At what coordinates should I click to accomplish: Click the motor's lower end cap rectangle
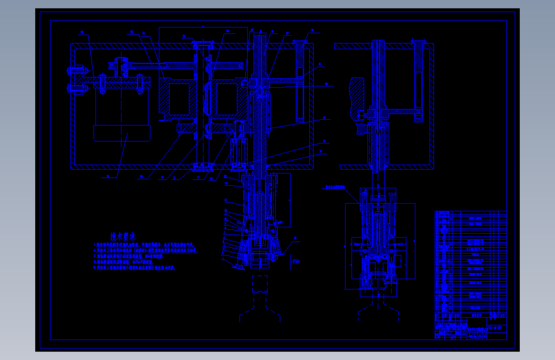pos(122,133)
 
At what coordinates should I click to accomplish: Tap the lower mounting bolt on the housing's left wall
pos(75,90)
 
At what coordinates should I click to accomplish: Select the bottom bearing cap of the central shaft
pos(202,167)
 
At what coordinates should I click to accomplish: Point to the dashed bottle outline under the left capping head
pos(260,298)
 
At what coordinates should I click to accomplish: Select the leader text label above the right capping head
pos(334,188)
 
